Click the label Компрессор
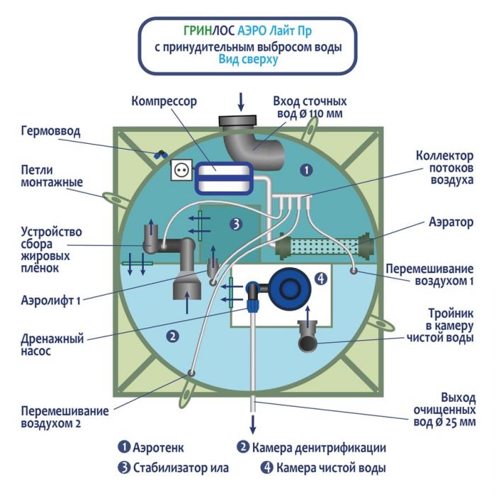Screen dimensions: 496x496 (x=164, y=101)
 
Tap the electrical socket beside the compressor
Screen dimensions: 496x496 (x=180, y=171)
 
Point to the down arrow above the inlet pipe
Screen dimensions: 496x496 (x=240, y=102)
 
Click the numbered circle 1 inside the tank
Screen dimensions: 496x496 (x=305, y=170)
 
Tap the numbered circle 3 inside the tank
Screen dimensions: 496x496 (x=237, y=224)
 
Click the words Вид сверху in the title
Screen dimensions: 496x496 (x=248, y=60)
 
